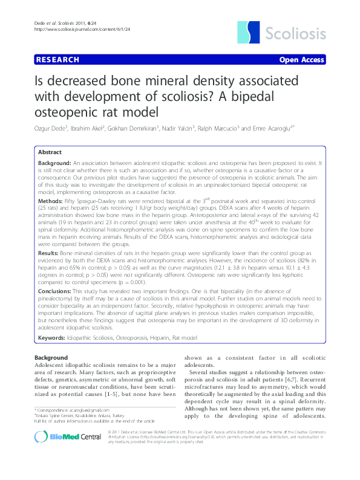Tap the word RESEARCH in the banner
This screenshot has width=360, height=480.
point(57,60)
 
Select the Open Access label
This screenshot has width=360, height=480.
point(301,60)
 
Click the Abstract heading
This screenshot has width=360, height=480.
point(50,152)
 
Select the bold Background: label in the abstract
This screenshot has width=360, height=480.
point(54,164)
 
